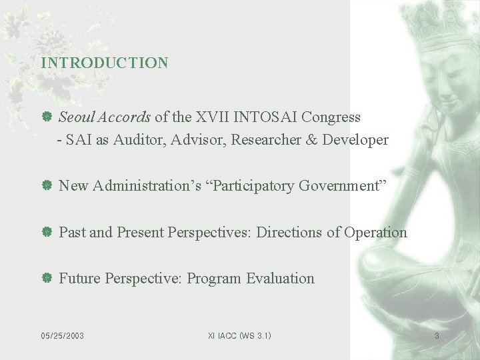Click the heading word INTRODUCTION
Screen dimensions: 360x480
click(104, 63)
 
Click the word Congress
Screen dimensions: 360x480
click(331, 118)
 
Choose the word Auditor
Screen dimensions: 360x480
click(136, 140)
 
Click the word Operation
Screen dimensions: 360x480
click(375, 233)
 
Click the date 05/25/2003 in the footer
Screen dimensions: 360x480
click(62, 336)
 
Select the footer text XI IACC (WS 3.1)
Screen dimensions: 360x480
click(240, 336)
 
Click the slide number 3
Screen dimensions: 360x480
click(437, 336)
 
